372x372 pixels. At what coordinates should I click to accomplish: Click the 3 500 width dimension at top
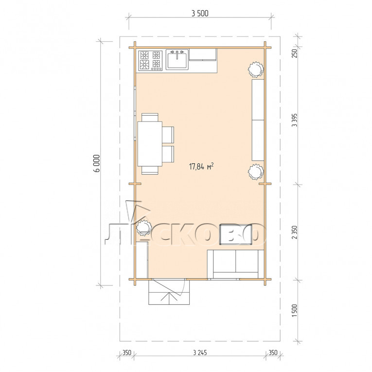coord(200,14)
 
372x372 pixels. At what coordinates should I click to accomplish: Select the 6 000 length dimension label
coord(97,163)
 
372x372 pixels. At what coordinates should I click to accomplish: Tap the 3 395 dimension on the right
coord(294,120)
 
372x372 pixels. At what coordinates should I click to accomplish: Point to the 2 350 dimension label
coord(294,232)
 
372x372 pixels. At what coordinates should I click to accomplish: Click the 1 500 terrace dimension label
coord(294,311)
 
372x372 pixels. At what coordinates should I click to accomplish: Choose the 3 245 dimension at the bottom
coord(200,353)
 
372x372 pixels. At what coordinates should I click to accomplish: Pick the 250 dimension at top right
coord(294,53)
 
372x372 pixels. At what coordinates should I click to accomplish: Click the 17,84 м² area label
coord(201,166)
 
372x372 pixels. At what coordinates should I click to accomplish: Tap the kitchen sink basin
coord(177,59)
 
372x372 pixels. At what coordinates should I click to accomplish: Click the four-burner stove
coord(150,60)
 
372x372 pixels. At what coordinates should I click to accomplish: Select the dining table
coord(150,144)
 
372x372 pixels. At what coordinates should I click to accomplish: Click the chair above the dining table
coord(150,117)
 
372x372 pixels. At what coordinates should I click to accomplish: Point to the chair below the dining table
coord(150,170)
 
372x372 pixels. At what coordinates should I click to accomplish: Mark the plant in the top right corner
coord(256,69)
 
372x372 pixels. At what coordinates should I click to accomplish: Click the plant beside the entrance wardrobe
coord(144,228)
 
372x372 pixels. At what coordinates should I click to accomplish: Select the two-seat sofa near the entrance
coord(235,264)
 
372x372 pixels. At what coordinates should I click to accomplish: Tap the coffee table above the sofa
coord(236,234)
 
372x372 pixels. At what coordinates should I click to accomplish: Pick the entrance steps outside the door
coord(169,292)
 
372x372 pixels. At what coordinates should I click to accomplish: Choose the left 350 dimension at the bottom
coord(127,353)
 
